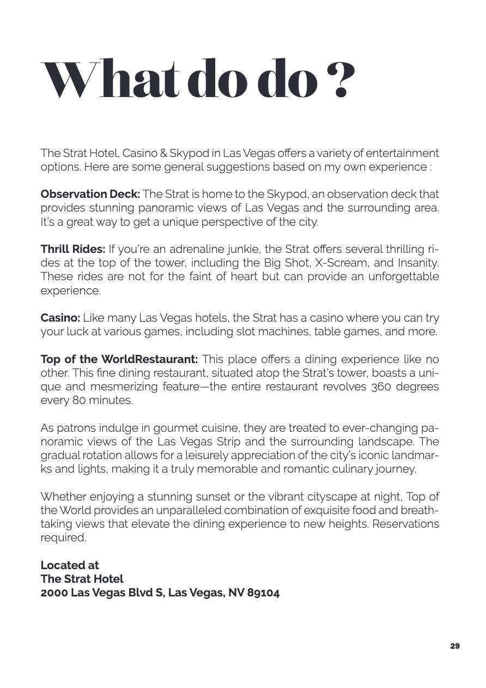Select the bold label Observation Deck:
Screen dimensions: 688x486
click(x=90, y=194)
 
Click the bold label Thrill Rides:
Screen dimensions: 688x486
click(x=73, y=249)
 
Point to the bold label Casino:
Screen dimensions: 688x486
click(x=60, y=318)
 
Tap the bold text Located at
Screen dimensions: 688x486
click(x=70, y=565)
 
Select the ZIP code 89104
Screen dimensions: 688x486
click(x=263, y=593)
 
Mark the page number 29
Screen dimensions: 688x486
click(x=455, y=646)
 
